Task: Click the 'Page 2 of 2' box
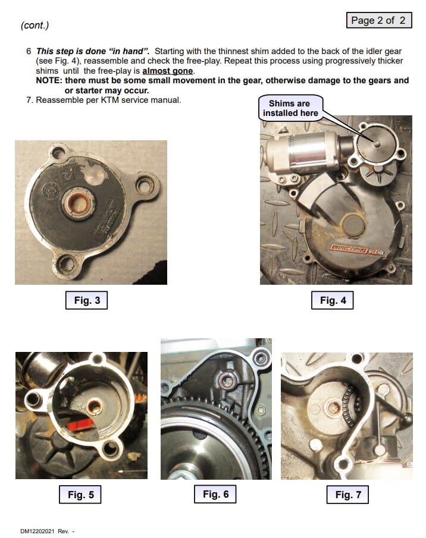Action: coord(378,20)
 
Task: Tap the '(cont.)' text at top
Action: coord(35,25)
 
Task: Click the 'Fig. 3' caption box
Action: coord(86,300)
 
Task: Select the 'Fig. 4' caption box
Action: coord(332,300)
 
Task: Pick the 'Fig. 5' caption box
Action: coord(80,495)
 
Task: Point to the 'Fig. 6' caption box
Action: coord(215,494)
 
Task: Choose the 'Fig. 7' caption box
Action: coord(347,495)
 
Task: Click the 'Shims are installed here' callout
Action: coord(290,108)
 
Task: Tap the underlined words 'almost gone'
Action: coord(168,71)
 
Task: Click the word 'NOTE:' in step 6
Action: coord(49,81)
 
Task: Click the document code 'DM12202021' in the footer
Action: coord(37,531)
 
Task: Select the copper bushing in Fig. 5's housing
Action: coord(94,407)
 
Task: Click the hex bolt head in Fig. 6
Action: coord(261,410)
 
